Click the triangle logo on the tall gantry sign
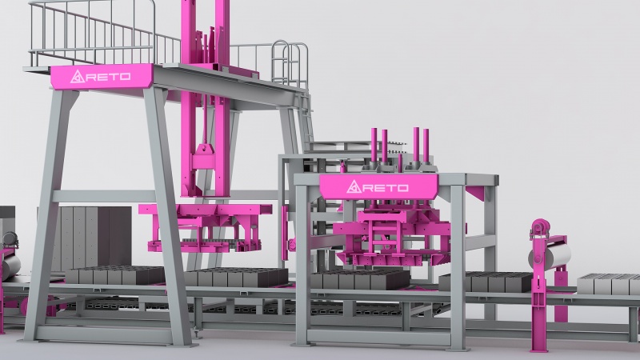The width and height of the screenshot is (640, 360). (x=78, y=76)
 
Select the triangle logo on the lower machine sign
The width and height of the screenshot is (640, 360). (x=354, y=187)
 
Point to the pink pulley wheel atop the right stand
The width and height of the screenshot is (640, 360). (x=541, y=226)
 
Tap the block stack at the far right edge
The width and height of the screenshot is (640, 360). (x=609, y=285)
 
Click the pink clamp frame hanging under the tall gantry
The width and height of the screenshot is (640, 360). (x=205, y=227)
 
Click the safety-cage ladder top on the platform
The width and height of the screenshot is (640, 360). (x=290, y=62)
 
